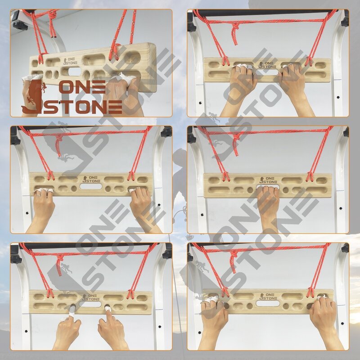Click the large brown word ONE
pyautogui.click(x=82, y=87)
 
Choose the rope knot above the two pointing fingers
pyautogui.click(x=59, y=260)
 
